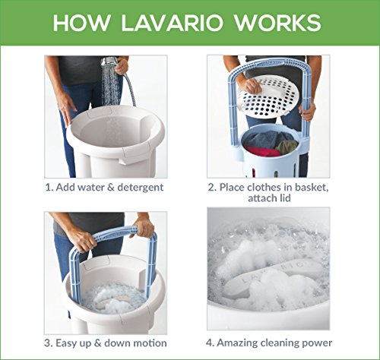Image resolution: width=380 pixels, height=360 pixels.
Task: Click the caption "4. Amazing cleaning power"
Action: pyautogui.click(x=269, y=343)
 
